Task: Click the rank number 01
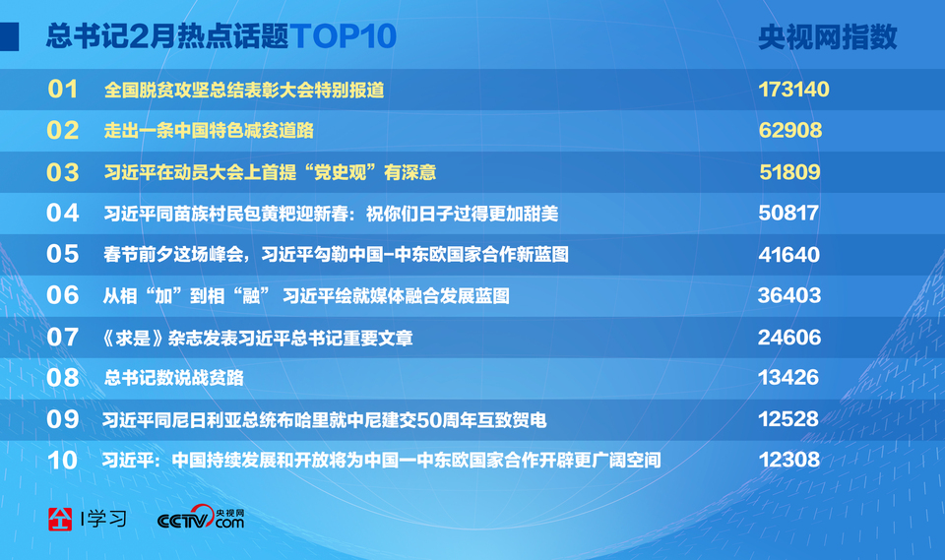[63, 90]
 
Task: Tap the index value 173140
[793, 90]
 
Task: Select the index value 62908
[790, 130]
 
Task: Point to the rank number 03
[63, 172]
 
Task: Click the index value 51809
[789, 172]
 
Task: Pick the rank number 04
[63, 213]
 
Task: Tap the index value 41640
[788, 254]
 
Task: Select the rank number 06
[63, 295]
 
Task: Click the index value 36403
[789, 295]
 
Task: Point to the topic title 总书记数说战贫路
[174, 378]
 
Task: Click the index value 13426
[788, 377]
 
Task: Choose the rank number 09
[63, 419]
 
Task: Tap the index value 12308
[788, 460]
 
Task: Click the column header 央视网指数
[828, 36]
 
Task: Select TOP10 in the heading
[343, 36]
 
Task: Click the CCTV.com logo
[201, 518]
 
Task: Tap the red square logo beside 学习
[60, 519]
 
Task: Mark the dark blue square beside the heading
[9, 36]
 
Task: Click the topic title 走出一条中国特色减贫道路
[209, 130]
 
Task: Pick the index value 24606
[789, 337]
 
